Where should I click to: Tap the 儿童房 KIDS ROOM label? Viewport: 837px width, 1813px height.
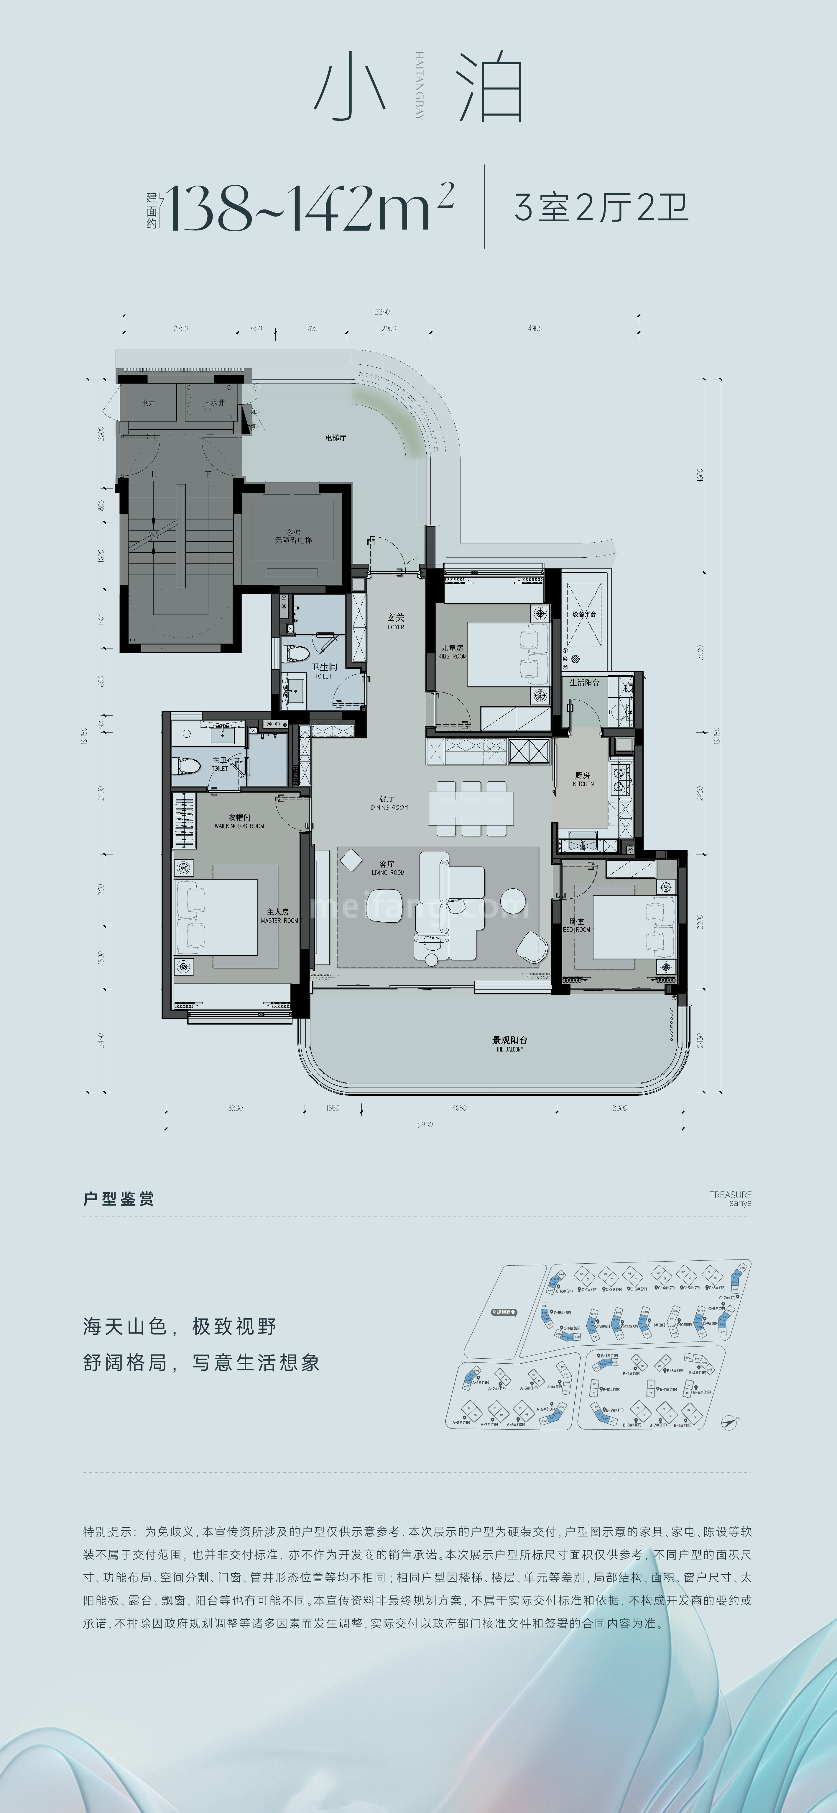[452, 651]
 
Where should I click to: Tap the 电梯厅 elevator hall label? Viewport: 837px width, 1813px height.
[336, 438]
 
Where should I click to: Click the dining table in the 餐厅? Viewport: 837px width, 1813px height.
[470, 807]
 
